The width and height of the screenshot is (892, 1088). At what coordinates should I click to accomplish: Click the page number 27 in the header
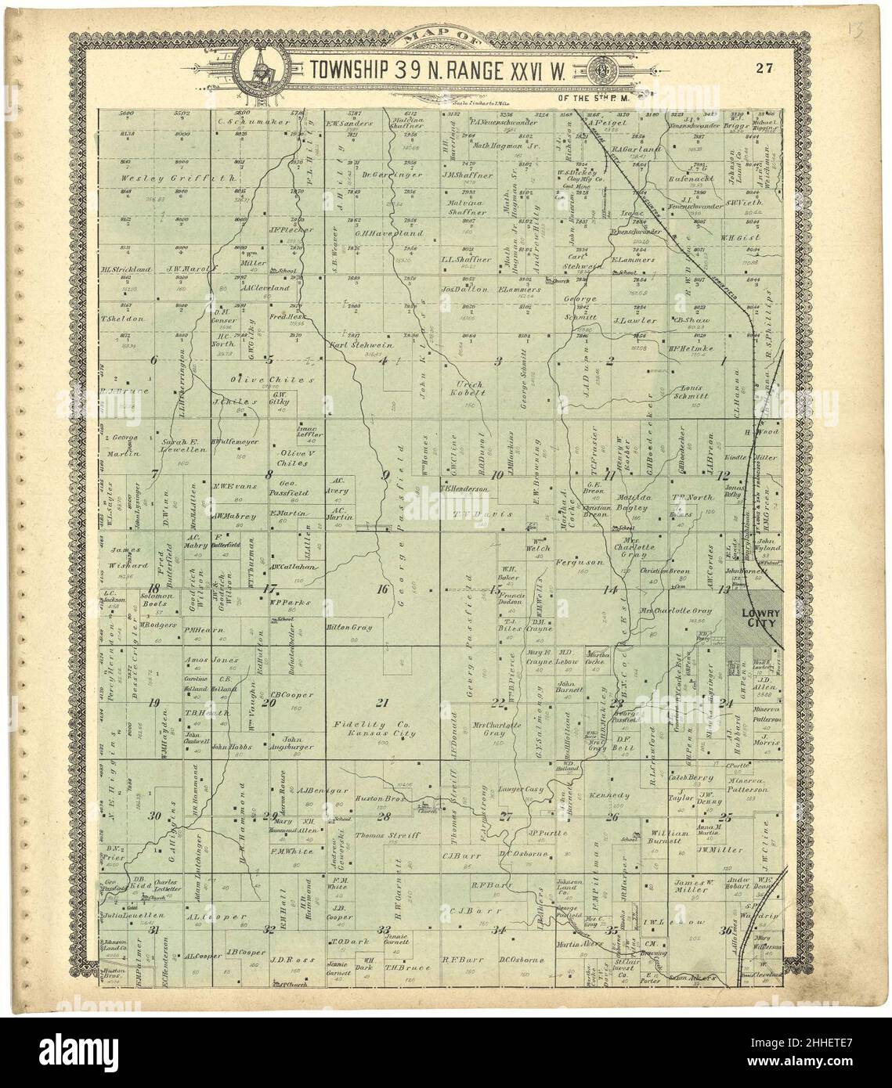[x=765, y=67]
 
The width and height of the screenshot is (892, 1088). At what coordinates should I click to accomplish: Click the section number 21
[x=383, y=701]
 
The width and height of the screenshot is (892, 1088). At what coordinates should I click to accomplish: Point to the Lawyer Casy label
[x=522, y=791]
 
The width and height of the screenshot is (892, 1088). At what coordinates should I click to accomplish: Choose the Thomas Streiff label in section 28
[x=388, y=836]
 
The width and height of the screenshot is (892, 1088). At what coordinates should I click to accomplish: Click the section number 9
[x=385, y=474]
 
